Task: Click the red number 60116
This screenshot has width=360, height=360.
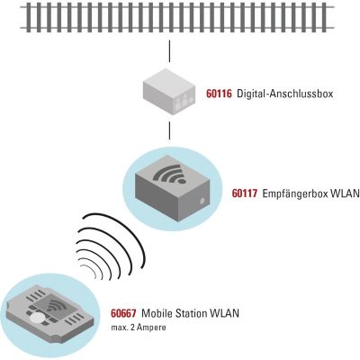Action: pos(219,94)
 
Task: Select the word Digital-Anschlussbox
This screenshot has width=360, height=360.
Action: pos(285,94)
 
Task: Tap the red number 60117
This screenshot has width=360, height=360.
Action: pos(245,193)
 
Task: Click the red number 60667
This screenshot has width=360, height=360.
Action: pos(123,313)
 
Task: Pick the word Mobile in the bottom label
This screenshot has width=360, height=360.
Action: pos(157,313)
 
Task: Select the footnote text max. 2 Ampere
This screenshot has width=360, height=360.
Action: pos(139,328)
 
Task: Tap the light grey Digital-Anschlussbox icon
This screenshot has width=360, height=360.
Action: pos(169,91)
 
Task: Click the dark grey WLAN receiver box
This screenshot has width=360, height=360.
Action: pos(172,188)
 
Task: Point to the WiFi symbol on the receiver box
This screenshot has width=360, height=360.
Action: pos(170,174)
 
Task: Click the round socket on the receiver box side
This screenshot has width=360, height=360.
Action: pos(202,201)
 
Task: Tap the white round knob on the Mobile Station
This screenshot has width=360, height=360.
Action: pos(37,318)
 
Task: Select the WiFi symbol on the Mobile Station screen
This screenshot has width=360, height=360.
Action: pos(55,307)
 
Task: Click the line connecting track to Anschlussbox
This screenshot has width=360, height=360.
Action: pos(169,51)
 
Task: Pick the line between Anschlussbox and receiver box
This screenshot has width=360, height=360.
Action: pos(169,130)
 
